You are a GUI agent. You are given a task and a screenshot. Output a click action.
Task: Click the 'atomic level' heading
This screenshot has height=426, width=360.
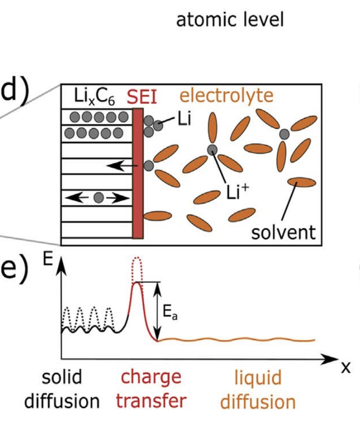tap(229, 20)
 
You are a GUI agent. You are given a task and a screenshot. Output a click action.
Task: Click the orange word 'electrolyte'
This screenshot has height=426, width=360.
tap(227, 95)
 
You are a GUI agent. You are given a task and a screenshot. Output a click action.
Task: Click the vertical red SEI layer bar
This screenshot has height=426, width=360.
tap(137, 173)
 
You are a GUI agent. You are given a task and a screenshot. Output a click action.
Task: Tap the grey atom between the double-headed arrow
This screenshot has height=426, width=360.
tap(99, 197)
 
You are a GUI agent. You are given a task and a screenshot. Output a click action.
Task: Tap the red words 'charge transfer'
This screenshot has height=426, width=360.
tap(148, 389)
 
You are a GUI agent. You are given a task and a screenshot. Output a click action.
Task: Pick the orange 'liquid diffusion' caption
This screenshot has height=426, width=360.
tap(258, 389)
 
